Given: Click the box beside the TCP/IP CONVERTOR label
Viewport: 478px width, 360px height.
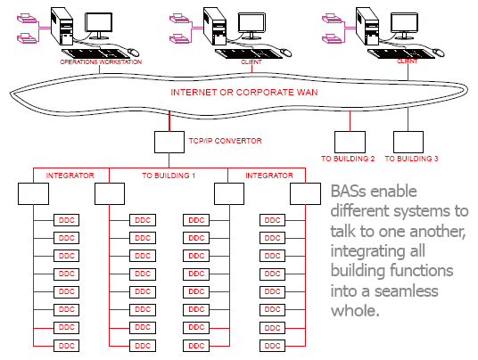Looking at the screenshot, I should pyautogui.click(x=169, y=143).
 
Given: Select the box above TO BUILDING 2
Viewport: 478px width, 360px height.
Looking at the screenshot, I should pyautogui.click(x=347, y=142).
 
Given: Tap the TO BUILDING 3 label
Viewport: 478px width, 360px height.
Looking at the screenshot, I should pyautogui.click(x=412, y=159).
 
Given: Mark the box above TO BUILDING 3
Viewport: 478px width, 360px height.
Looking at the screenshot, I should pyautogui.click(x=408, y=142).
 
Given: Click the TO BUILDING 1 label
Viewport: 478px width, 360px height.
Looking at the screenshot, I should pyautogui.click(x=169, y=176).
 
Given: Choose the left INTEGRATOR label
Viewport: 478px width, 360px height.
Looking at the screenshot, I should pyautogui.click(x=70, y=176).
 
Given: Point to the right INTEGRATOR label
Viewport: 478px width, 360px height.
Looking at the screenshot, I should pyautogui.click(x=269, y=176).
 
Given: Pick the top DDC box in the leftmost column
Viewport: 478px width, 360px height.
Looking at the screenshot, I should pyautogui.click(x=67, y=220).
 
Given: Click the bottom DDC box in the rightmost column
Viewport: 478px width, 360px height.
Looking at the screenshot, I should pyautogui.click(x=272, y=345).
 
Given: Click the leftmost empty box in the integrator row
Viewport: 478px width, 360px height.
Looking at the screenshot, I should pyautogui.click(x=33, y=193).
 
